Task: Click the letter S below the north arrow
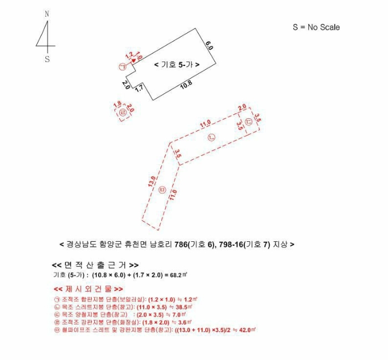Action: (47, 59)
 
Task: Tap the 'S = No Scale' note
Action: (316, 27)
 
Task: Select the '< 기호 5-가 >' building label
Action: (177, 65)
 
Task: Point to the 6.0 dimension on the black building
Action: (209, 45)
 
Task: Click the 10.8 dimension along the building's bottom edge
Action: (186, 85)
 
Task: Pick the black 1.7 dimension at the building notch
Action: (140, 88)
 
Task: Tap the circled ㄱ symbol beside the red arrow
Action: (122, 67)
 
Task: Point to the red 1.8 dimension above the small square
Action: (117, 104)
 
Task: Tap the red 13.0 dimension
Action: (151, 181)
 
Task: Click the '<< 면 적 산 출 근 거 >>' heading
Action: (95, 265)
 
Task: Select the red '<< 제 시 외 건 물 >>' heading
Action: (88, 289)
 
